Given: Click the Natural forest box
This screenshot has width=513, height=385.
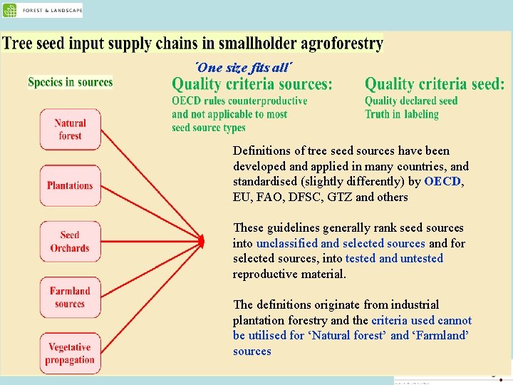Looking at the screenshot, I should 70,129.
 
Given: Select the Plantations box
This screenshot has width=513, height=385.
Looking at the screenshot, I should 70,185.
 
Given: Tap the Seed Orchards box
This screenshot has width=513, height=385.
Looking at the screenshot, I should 70,241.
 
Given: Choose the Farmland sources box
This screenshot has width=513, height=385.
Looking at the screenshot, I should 70,297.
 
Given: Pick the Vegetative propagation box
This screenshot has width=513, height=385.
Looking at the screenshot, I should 70,353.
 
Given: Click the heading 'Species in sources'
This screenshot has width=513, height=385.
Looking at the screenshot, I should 70,82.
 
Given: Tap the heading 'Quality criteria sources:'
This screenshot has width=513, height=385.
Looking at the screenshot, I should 252,84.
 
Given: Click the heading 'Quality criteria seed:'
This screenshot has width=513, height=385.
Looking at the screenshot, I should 435,84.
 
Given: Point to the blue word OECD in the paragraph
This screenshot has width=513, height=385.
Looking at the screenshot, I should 442,182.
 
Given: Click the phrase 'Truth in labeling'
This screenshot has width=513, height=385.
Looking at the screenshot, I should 401,114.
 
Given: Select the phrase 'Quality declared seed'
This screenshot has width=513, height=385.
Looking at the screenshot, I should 411,101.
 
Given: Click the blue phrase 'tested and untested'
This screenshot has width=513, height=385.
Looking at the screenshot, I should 393,259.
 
